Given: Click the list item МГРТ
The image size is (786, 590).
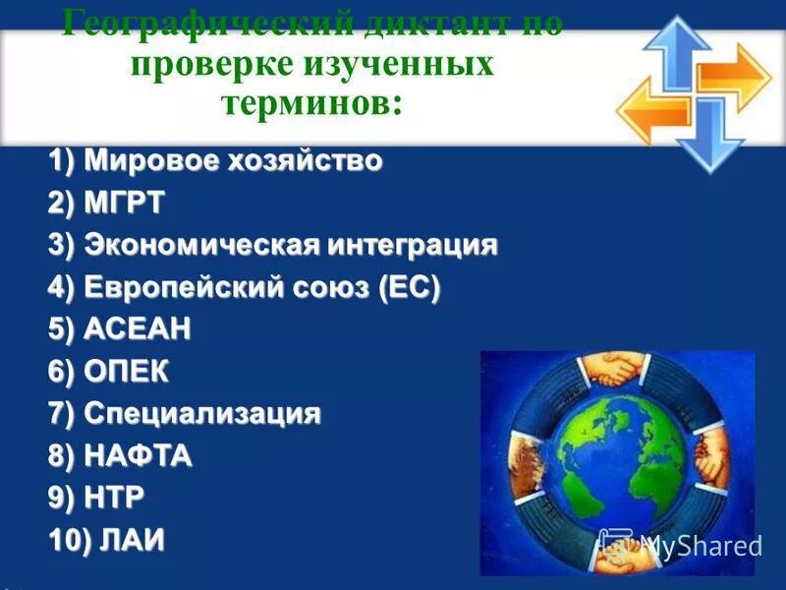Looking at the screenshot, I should [124, 204].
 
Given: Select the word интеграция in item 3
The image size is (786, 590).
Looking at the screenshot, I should [413, 246].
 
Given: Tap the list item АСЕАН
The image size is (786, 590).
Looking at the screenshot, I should [137, 330].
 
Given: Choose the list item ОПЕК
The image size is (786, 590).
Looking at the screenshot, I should [126, 372].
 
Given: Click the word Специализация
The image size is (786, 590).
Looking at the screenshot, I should [201, 414].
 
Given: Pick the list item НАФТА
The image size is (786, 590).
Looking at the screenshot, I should [138, 456].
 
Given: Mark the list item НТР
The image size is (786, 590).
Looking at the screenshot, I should [114, 499].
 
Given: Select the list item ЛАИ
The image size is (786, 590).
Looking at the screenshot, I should [124, 541].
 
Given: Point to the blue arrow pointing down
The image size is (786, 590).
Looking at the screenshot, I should [708, 138].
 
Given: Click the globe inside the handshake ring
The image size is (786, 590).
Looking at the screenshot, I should [617, 462].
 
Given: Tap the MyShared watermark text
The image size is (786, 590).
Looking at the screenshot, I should [700, 546].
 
